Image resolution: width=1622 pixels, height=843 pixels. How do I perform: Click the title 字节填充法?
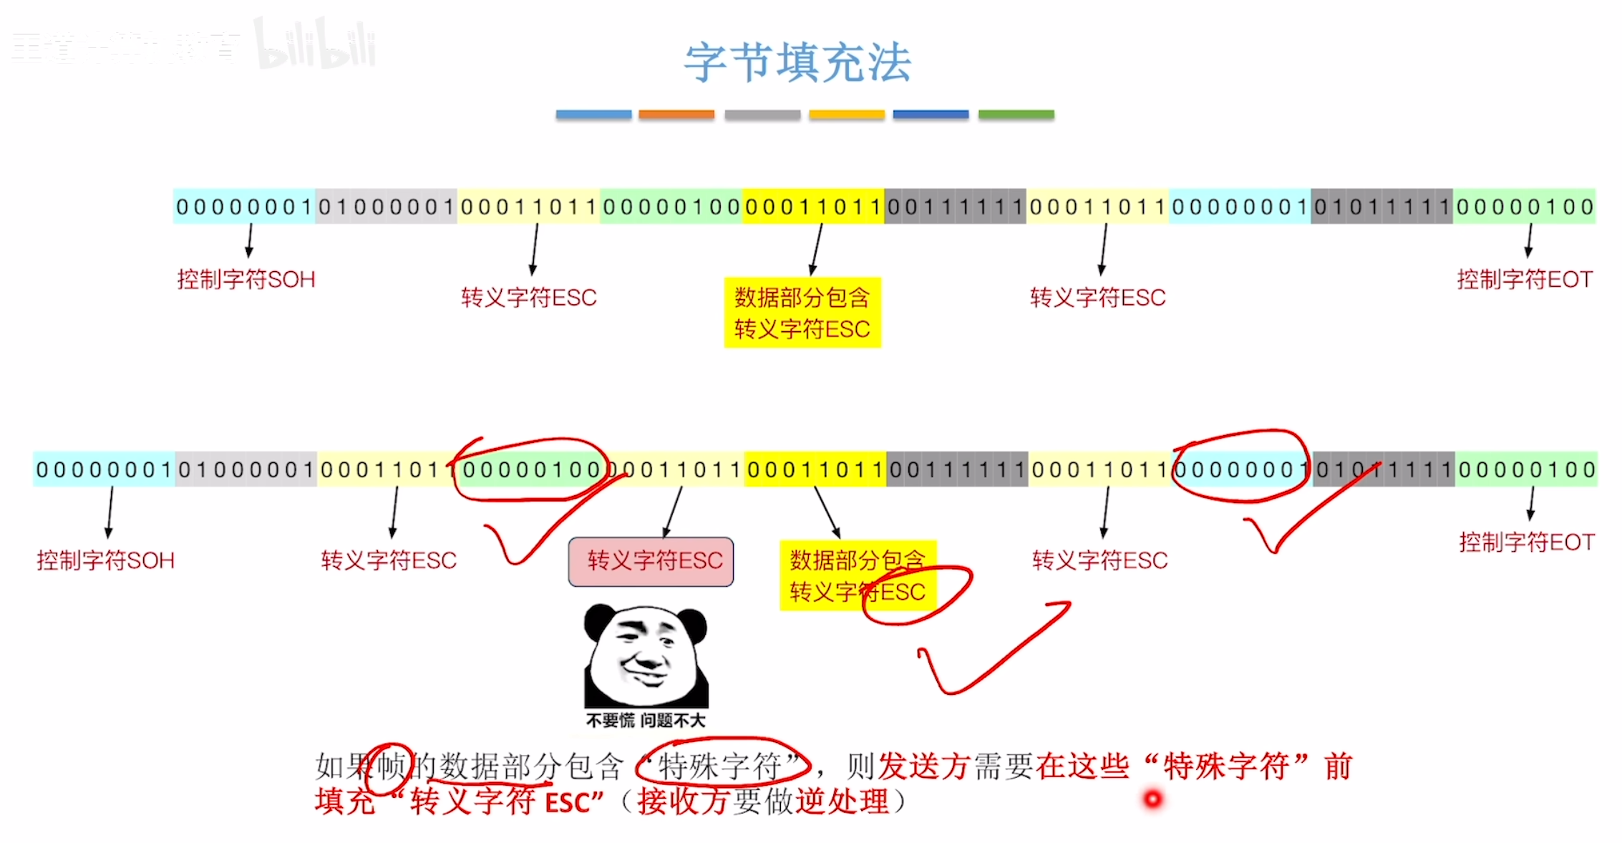[x=797, y=63]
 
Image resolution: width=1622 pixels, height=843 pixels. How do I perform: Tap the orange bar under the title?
[x=676, y=114]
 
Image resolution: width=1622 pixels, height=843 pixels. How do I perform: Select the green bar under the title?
[x=1016, y=114]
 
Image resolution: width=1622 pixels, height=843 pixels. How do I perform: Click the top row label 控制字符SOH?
[x=246, y=279]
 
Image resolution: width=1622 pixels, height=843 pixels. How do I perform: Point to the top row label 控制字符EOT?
[x=1525, y=279]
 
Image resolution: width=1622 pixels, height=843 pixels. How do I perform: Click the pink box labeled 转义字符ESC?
[x=651, y=561]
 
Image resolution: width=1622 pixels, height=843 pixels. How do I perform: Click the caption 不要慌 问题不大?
[x=645, y=721]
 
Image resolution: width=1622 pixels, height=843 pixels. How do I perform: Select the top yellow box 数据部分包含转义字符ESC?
[x=802, y=313]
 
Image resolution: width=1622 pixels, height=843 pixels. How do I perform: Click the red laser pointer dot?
[x=1152, y=798]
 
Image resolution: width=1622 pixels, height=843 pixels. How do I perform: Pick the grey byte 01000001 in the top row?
[x=386, y=207]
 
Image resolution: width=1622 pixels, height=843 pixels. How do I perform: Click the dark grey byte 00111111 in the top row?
[x=955, y=207]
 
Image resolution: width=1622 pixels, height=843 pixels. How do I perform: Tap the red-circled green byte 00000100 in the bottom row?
[x=530, y=469]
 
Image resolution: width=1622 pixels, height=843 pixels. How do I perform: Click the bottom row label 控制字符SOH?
[x=106, y=560]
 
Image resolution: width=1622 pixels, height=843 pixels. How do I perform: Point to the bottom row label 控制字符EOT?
[x=1527, y=542]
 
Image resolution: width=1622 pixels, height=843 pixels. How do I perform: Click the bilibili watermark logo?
[x=315, y=44]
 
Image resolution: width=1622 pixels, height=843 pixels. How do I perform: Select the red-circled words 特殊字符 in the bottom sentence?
[x=722, y=766]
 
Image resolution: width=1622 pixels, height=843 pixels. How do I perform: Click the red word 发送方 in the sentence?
[x=923, y=766]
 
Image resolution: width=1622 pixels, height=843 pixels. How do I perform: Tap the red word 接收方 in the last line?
[x=683, y=801]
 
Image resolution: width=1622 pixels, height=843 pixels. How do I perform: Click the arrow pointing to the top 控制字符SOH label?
[x=250, y=240]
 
